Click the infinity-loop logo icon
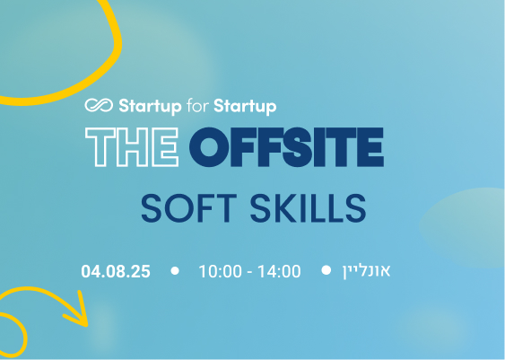99,105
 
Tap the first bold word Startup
150,106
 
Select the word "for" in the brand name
197,105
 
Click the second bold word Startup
245,106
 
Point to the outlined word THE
132,147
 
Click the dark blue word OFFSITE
286,147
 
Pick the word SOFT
189,208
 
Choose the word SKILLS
308,208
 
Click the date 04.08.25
116,271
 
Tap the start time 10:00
221,271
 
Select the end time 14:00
279,271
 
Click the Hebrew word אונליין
366,271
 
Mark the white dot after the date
175,271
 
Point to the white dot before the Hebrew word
327,270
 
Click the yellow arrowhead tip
87,326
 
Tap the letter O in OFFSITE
209,147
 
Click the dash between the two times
249,273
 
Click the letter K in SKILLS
285,208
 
